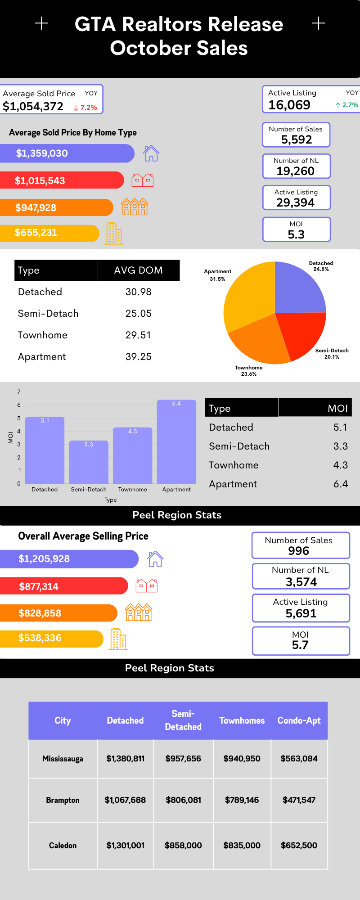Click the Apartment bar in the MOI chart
(176, 443)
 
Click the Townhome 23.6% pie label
(249, 371)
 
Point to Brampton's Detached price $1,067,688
(125, 800)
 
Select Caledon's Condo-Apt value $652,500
(299, 846)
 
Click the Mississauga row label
(63, 759)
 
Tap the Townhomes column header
(242, 720)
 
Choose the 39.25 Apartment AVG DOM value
(138, 357)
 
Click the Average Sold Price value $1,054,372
(33, 107)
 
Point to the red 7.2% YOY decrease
(85, 108)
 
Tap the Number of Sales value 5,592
(296, 139)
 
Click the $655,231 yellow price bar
(49, 233)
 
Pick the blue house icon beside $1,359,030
(151, 153)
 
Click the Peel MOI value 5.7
(300, 645)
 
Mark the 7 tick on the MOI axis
(19, 391)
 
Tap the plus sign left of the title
(42, 23)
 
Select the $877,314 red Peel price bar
(63, 586)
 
